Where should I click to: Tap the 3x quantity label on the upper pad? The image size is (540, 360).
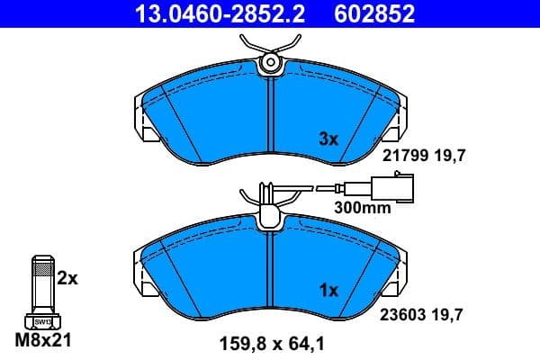(329, 139)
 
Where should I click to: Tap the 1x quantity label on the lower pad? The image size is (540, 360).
(329, 290)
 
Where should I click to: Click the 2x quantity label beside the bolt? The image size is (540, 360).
(67, 279)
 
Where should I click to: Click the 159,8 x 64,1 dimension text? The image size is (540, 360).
(271, 343)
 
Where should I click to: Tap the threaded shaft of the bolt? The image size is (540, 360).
(41, 284)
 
